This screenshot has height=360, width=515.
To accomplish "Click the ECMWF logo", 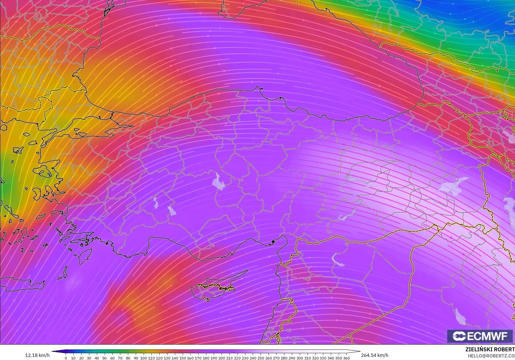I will [x=480, y=336].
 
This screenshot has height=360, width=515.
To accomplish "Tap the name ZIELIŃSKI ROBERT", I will [x=490, y=349].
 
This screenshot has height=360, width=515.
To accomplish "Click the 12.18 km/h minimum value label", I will [x=38, y=355].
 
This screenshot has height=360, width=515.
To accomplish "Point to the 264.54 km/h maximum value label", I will [x=374, y=355].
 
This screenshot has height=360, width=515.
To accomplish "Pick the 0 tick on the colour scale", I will [x=66, y=358].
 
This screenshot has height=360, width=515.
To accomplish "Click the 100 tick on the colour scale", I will [x=144, y=358].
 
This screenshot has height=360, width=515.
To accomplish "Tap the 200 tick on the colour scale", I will [x=222, y=358].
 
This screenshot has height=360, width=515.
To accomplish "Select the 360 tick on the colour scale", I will [x=346, y=358].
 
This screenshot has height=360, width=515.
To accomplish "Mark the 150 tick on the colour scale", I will [x=182, y=358].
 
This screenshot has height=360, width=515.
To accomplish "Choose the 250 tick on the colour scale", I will [x=261, y=358].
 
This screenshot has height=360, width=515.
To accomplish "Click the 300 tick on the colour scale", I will [x=299, y=358].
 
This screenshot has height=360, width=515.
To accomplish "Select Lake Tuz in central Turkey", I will [x=218, y=182].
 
